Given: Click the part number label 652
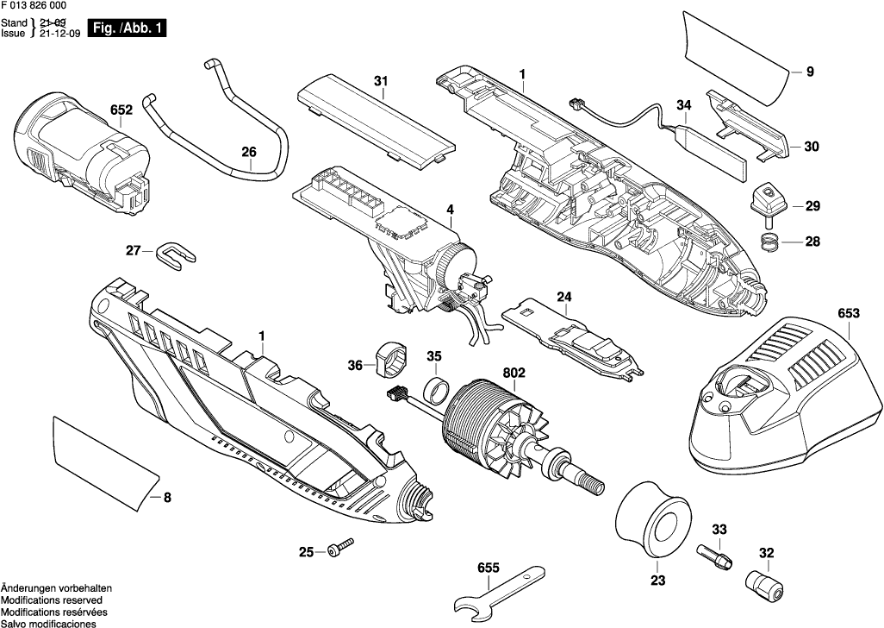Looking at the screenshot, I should point(121,110).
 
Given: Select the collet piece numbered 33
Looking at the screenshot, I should point(715,552).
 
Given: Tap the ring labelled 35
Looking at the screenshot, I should point(434,389).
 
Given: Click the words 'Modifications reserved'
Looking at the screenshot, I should point(52,600).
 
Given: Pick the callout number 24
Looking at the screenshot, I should point(563,298).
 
